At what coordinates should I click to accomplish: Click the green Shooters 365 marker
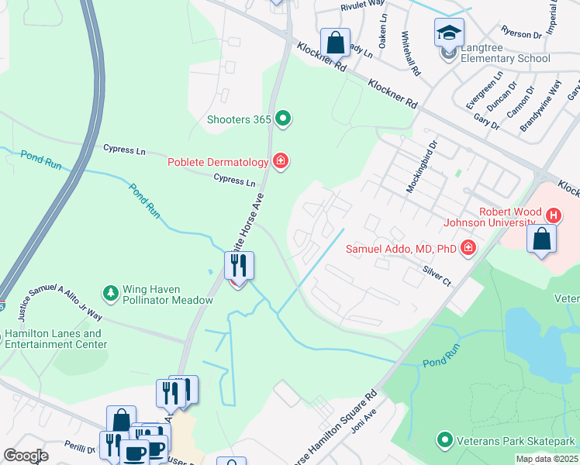point(283,119)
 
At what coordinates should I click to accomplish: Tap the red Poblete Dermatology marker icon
point(281,161)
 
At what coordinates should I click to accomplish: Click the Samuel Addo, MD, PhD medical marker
point(468,247)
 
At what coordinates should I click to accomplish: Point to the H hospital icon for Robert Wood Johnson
point(553,215)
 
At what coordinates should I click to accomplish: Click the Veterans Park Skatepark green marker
point(445,440)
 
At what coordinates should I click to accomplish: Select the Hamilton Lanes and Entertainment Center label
point(56,339)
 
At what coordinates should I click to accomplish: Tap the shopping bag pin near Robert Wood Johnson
point(541,239)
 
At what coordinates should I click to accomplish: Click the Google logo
point(26,456)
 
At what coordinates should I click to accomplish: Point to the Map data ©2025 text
point(547,459)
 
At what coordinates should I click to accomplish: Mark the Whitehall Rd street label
point(411,53)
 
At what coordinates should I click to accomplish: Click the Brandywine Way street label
point(541,111)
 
